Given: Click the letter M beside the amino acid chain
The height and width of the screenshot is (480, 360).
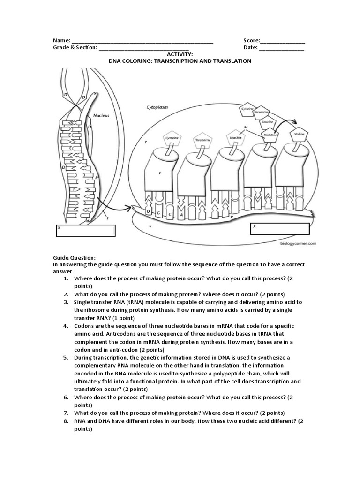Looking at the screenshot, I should [246, 127].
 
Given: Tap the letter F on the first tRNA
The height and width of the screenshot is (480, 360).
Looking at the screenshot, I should [160, 173].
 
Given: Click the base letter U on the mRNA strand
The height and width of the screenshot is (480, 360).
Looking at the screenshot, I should [149, 212].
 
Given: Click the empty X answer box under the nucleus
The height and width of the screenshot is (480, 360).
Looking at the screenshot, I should [86, 231].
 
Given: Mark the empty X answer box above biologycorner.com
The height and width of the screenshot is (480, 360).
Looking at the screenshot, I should [280, 228].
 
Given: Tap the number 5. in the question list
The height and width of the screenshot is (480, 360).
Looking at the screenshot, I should [66, 357].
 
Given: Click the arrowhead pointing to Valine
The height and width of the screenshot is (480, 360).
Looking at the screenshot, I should [297, 120].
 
